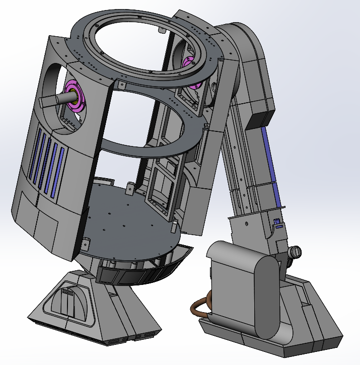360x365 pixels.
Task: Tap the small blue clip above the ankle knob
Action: [x=276, y=222]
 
